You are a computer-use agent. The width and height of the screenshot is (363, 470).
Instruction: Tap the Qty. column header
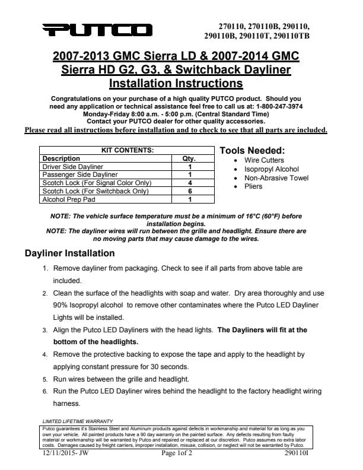[189, 158]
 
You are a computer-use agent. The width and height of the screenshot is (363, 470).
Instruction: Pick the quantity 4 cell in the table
[189, 183]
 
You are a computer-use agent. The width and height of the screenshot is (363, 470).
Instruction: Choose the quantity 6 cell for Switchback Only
[189, 192]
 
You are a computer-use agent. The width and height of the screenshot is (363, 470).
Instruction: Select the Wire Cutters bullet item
[264, 160]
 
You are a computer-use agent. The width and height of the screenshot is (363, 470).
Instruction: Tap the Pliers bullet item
[253, 186]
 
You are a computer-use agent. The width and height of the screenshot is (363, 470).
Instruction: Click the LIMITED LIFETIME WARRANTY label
[74, 421]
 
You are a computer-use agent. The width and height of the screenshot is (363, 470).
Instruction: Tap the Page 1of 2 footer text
[180, 453]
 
